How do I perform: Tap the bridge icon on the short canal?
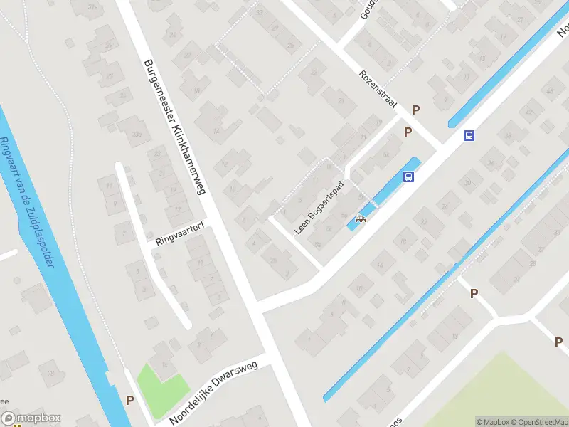coord(361,219)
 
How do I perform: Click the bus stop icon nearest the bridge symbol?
coord(409,177)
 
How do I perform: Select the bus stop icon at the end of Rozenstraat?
coord(469,135)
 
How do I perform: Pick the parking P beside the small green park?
coord(129,400)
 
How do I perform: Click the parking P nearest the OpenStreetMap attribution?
coord(558,342)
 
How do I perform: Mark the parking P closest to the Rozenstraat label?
coord(416,110)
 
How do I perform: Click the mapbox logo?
coord(31,418)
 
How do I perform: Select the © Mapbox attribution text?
coord(491,422)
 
